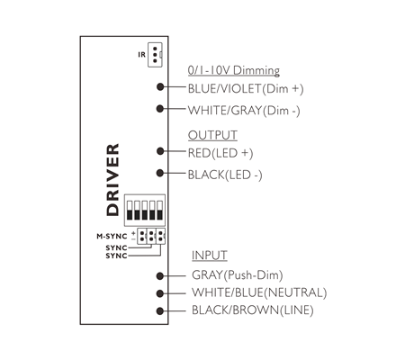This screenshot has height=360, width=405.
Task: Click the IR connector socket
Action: pos(155,55)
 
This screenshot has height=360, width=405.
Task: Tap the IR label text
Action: pos(142,55)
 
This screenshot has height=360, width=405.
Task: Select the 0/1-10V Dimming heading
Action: pos(234,70)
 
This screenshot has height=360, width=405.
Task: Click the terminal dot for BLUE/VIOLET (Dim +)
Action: pos(160,86)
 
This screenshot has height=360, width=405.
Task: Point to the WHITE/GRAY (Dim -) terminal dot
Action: pos(160,109)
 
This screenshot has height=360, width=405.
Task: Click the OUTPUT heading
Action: pos(212,135)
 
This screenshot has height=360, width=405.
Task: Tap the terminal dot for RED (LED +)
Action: pos(160,151)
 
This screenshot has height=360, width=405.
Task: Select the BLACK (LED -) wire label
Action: pos(225,175)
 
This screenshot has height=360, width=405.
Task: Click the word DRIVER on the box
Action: pos(112,180)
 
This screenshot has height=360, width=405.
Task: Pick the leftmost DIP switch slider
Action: pos(130,211)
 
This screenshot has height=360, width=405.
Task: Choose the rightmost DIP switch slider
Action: pos(160,211)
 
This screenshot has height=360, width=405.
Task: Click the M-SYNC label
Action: pos(112,237)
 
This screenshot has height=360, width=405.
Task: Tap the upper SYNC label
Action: pos(116,248)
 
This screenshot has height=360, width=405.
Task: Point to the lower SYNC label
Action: pos(116,256)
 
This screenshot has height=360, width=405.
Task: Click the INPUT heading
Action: pos(210,256)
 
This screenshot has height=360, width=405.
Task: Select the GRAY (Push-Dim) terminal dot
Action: pos(160,275)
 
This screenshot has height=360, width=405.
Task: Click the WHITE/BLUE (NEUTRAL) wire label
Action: pos(259,292)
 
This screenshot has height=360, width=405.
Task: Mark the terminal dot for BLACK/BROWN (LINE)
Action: pos(160,311)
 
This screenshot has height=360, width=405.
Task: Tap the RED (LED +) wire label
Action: pos(220,153)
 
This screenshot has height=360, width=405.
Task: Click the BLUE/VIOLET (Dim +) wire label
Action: pos(246,89)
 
